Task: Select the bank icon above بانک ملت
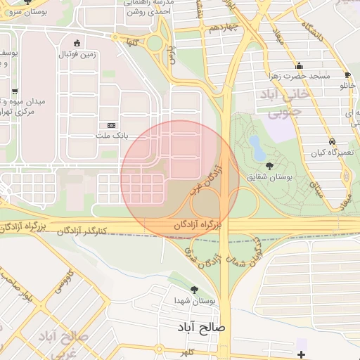(111, 124)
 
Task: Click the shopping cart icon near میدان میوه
(15, 91)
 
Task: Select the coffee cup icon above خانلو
(347, 75)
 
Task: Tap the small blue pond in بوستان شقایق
(257, 147)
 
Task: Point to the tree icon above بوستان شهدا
(195, 289)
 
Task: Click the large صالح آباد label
(200, 328)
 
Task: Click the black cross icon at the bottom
(302, 354)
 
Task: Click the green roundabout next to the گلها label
(155, 44)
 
